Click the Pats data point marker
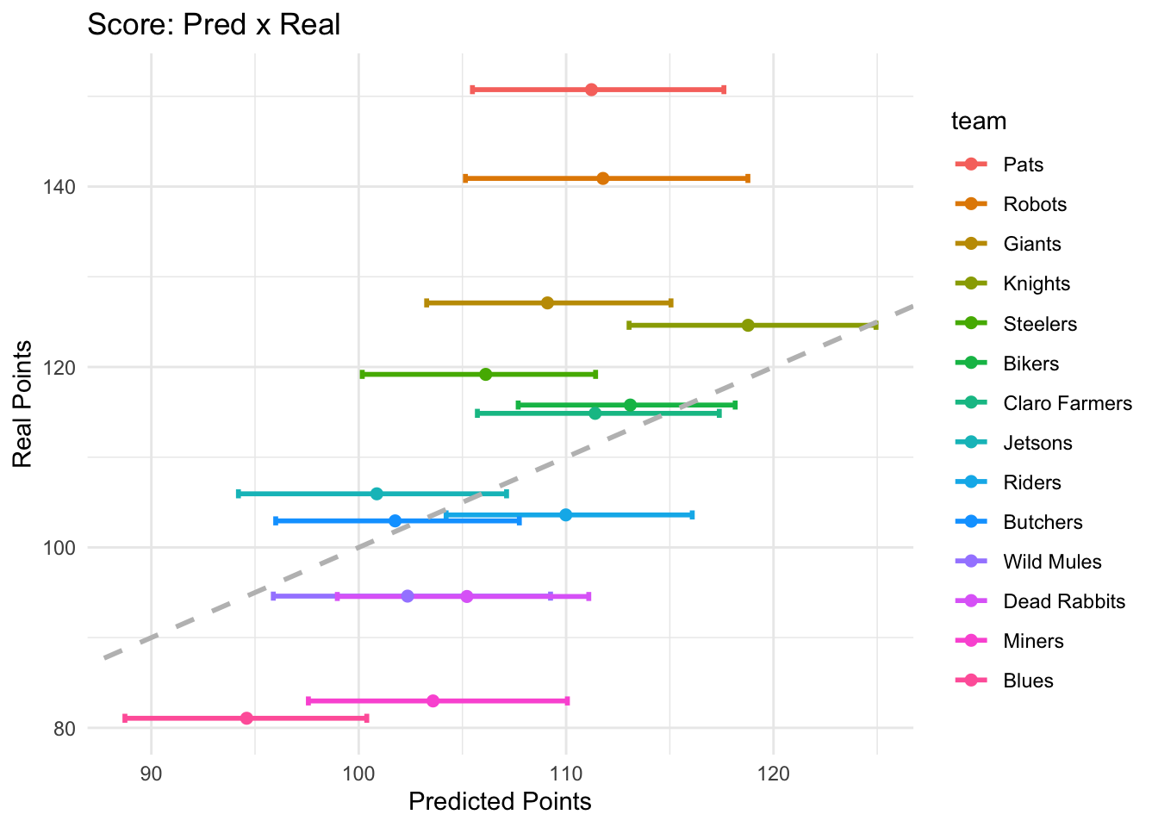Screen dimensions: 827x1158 (x=591, y=90)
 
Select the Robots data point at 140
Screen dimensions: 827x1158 (x=603, y=178)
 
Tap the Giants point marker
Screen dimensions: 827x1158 (x=547, y=302)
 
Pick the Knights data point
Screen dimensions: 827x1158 (x=748, y=325)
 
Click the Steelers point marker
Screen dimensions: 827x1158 (x=486, y=374)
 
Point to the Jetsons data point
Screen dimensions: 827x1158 (x=377, y=494)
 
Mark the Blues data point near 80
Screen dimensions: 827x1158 (x=247, y=718)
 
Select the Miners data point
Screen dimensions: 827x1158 (x=433, y=700)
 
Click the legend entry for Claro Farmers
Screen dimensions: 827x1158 (x=1068, y=403)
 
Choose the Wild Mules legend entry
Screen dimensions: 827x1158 (x=1052, y=562)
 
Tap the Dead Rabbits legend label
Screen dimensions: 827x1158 (x=1064, y=601)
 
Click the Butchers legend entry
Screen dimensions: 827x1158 (x=1043, y=522)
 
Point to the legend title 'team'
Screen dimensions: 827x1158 (x=979, y=121)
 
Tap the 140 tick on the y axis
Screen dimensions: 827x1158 (x=61, y=187)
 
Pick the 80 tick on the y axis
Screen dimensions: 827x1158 (x=65, y=729)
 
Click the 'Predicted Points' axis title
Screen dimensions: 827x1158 (x=500, y=802)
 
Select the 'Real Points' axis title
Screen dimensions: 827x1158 (x=23, y=404)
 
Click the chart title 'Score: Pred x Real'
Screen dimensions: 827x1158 (x=215, y=24)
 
